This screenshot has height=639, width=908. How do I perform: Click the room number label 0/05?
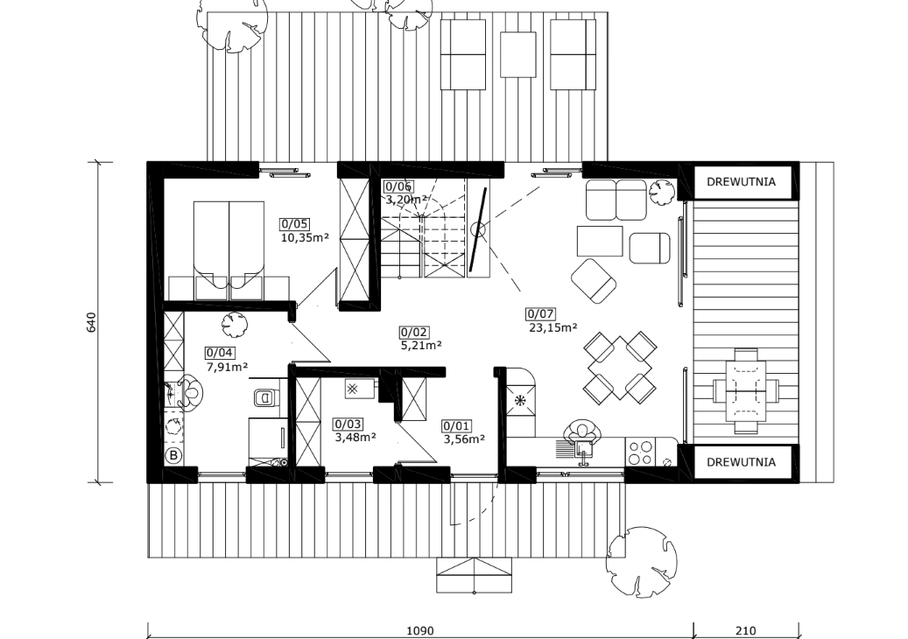point(295,224)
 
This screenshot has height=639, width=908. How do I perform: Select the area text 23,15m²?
point(553,327)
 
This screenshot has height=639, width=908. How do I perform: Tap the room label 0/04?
point(220,353)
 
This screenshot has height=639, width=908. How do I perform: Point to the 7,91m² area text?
point(228,367)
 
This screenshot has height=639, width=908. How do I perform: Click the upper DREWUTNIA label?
point(741,182)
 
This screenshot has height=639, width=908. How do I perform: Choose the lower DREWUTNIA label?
point(741,462)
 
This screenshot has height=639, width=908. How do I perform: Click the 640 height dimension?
point(91,322)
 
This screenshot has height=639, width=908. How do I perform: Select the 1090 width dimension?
point(419,631)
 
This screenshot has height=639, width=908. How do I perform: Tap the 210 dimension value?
point(746,631)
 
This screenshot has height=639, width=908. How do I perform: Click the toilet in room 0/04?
point(266,397)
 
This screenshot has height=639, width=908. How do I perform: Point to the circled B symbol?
point(173,455)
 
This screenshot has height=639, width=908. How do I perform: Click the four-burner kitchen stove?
point(640,453)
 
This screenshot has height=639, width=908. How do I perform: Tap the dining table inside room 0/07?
point(620,368)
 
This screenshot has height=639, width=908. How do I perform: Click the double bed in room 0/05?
point(229,250)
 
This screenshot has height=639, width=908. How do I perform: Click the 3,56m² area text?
point(464,439)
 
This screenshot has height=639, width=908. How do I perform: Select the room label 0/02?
point(414,333)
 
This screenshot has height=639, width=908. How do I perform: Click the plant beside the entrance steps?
point(641,560)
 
